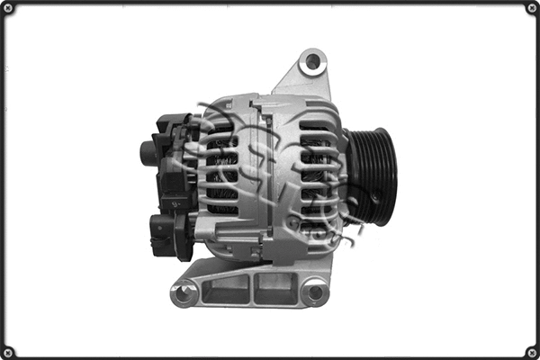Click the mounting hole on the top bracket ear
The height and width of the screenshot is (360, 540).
(312, 62)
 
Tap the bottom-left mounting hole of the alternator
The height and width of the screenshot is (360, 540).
(184, 292)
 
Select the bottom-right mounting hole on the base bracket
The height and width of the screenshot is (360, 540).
(314, 292)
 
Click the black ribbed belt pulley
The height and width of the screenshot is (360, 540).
(372, 177)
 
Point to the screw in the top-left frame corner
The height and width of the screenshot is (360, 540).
(8, 8)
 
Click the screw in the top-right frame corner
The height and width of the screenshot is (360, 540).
(531, 8)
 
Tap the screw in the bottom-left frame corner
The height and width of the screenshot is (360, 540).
(8, 351)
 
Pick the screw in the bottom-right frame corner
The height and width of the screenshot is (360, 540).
(531, 351)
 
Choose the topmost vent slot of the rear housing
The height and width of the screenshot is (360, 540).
(221, 127)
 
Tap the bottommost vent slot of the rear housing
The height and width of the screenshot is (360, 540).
(221, 210)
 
